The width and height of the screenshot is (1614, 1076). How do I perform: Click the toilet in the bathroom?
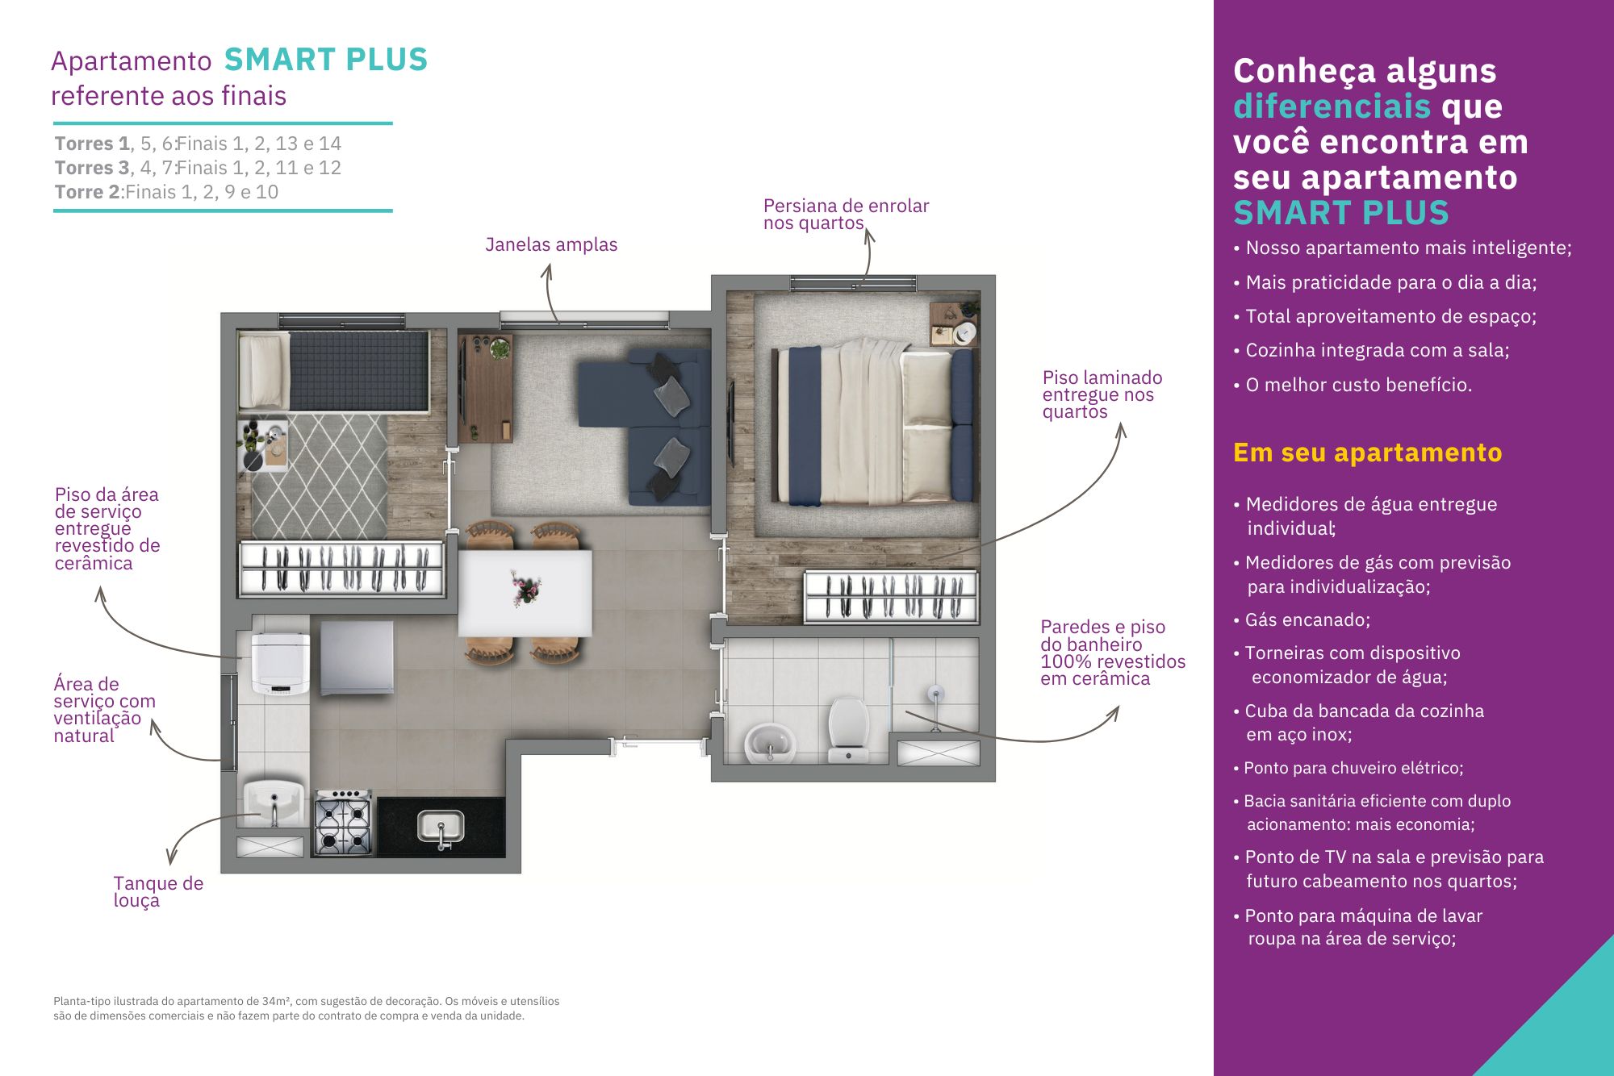[x=848, y=728]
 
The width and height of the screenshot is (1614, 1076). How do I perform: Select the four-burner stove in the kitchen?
[x=343, y=822]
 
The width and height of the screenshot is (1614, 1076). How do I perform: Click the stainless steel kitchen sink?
[x=441, y=828]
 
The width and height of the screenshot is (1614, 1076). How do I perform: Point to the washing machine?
[x=280, y=663]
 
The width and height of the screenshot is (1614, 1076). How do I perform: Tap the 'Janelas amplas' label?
[x=551, y=244]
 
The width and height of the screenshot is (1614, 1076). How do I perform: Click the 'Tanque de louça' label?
[x=158, y=891]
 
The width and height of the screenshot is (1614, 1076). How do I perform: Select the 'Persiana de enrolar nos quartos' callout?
[x=846, y=214]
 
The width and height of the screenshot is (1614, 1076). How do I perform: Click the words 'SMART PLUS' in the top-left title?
[x=326, y=60]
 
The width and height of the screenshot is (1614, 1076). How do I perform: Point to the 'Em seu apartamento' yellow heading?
[x=1367, y=453]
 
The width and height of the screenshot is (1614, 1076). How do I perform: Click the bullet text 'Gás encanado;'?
[x=1302, y=619]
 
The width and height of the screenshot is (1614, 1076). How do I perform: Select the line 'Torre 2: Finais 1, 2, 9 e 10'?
[x=166, y=192]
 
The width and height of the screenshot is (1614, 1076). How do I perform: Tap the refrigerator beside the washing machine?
[x=357, y=657]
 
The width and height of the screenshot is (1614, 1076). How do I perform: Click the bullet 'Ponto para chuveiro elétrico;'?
[x=1348, y=768]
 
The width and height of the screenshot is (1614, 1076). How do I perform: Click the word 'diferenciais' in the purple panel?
[x=1332, y=106]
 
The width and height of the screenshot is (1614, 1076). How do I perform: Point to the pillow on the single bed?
[x=263, y=372]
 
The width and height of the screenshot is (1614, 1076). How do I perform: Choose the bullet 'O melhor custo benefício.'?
[x=1353, y=385]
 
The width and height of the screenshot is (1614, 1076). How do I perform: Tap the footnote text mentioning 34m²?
[x=307, y=1008]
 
